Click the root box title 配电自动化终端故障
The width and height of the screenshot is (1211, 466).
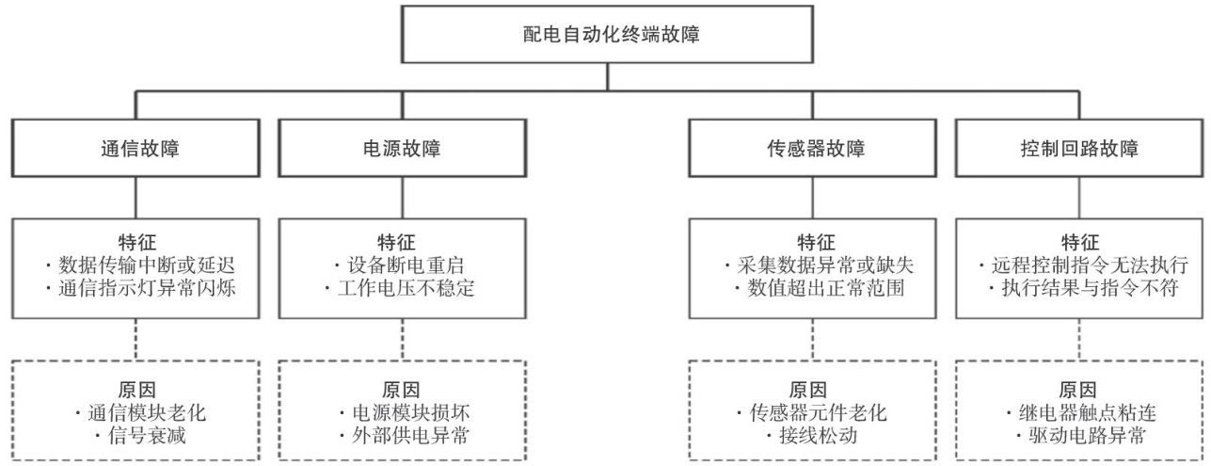[x=611, y=35]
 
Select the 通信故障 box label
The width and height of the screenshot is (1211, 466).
[x=140, y=149]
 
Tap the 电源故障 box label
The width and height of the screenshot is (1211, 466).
[x=402, y=149]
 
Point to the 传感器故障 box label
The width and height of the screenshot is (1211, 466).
[x=816, y=149]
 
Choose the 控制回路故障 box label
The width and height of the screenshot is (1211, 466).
[x=1079, y=149]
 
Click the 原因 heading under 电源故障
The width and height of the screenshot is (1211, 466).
[x=401, y=390]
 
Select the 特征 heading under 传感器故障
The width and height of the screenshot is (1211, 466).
[x=816, y=242]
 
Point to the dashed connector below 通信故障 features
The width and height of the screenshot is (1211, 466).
[x=135, y=340]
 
